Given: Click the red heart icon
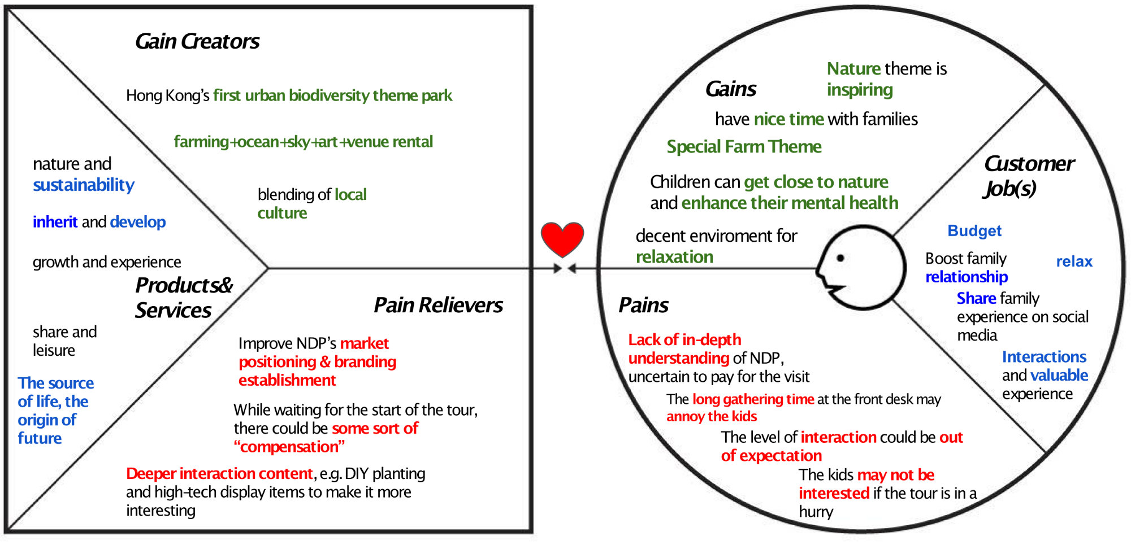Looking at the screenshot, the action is pos(562,239).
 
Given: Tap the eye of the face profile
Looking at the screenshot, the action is pos(840,258).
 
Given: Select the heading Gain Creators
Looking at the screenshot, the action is pos(197,41).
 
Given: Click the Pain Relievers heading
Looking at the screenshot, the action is pos(438,305).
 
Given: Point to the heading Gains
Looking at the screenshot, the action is pos(731,89).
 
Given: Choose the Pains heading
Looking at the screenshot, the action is pos(643,305).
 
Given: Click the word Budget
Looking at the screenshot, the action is pos(974,230).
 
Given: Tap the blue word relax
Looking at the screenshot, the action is pos(1074,261).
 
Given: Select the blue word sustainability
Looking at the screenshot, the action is pos(84,185).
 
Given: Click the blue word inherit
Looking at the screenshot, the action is pos(55,222).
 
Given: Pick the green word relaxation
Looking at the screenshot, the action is pos(674,257).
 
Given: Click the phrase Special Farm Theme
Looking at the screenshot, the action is pos(744,147).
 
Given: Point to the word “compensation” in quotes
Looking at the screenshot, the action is pos(289,447).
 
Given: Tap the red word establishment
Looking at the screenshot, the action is pos(287,380).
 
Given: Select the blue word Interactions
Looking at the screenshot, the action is pos(1044,357).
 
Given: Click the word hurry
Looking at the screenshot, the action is pos(816,512).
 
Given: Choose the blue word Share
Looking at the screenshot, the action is pos(976,298).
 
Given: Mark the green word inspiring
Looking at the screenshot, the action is pos(860,90).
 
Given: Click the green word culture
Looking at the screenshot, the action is pos(282,213).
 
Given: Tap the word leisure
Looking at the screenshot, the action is pos(54,350).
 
